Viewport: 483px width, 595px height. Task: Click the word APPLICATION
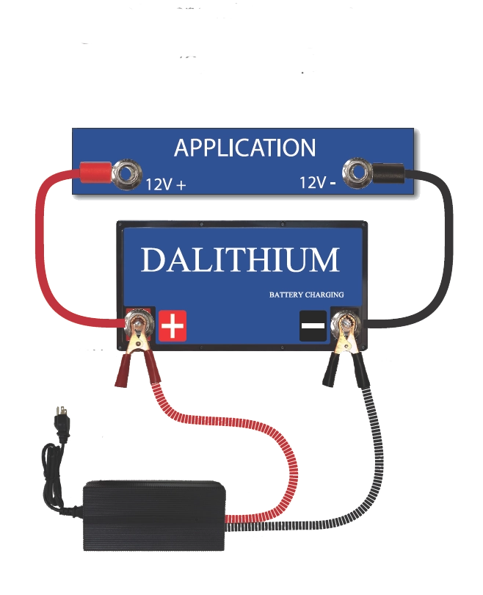pos(244,148)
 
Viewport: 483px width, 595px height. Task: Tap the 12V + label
pos(165,184)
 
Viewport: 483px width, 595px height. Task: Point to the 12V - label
pos(319,181)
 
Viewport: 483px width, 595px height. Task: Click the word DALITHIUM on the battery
pos(241,260)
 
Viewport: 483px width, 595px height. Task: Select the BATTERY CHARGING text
pos(306,295)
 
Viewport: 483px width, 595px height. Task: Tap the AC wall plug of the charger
pos(61,418)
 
